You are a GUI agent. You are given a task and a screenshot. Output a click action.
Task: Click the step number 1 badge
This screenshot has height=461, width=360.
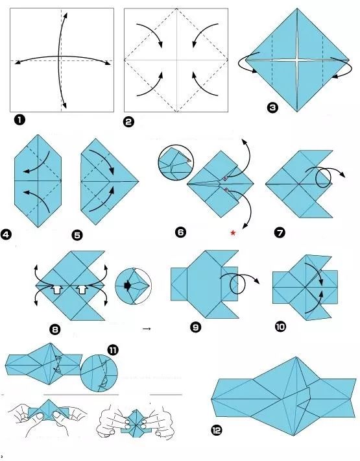click(x=19, y=120)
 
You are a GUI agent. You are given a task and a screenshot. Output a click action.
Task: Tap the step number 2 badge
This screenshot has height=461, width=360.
click(x=128, y=121)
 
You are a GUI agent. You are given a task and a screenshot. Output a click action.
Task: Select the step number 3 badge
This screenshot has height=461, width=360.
click(x=272, y=108)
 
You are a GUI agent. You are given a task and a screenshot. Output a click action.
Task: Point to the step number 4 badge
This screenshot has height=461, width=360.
click(x=6, y=234)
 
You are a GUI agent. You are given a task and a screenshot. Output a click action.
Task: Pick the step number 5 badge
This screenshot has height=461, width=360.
click(x=77, y=235)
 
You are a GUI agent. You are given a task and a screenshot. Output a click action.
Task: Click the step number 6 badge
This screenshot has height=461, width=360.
click(x=180, y=232)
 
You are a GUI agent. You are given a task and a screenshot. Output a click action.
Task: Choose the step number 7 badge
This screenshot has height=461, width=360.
click(x=280, y=232)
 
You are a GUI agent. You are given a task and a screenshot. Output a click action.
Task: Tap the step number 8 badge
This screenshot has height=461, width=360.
click(x=55, y=329)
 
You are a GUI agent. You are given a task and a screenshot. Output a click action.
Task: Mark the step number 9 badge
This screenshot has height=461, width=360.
click(x=196, y=327)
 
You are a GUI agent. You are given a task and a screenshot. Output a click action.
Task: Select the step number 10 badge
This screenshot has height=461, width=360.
click(x=280, y=327)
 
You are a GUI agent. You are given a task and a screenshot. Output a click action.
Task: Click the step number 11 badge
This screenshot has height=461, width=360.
click(x=113, y=350)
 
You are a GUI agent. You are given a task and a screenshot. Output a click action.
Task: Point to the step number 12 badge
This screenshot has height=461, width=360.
click(x=217, y=430)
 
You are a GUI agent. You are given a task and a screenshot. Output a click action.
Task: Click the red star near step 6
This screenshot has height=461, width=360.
click(x=233, y=233)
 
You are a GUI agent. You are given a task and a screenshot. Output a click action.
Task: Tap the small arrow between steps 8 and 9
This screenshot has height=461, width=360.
click(x=147, y=329)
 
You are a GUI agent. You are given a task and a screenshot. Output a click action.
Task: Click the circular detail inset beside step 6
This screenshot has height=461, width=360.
click(x=176, y=162)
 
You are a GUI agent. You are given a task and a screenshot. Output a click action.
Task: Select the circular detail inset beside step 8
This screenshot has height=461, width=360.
click(x=134, y=286)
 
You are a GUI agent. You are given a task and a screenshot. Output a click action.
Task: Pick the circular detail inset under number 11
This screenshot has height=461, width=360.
click(x=99, y=373)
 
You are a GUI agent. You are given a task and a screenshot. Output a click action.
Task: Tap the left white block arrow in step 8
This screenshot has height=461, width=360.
click(x=57, y=290)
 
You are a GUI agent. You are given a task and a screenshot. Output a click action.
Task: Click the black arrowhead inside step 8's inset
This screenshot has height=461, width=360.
click(x=127, y=286)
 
